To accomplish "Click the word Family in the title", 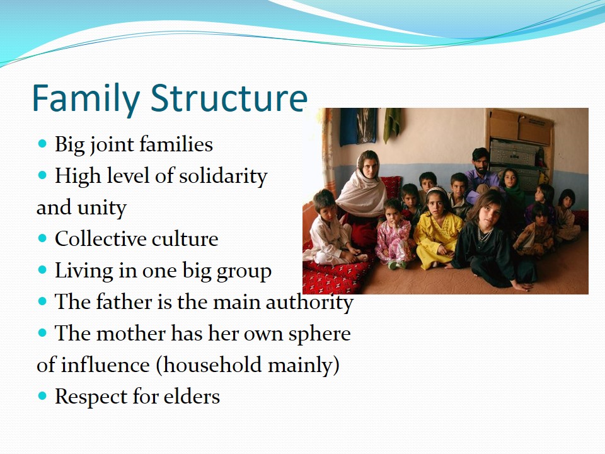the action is coord(86,98).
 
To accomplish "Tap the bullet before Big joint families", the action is coord(42,144).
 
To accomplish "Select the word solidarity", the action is coord(223,177).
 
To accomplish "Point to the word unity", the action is coord(102,207).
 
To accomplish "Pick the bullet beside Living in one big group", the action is coord(42,269).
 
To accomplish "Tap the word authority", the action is coord(309,302).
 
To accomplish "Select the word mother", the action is coord(130,333).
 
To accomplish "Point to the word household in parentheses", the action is coord(209,365).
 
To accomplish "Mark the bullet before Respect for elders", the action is coord(42,396).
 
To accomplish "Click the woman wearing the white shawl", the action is coord(362,197).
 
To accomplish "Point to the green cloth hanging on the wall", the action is coord(391,124).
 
